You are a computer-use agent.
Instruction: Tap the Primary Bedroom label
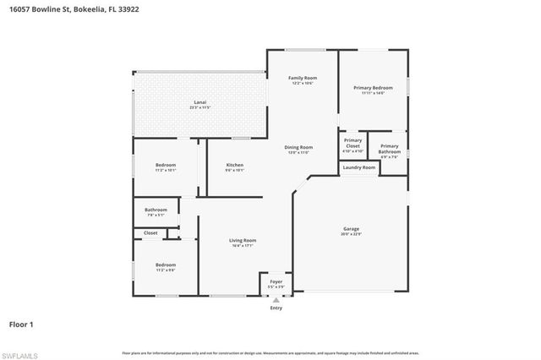(373, 88)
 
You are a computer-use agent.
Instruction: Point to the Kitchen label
(235, 165)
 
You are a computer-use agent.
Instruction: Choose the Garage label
(352, 229)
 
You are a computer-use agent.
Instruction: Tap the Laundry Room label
(358, 167)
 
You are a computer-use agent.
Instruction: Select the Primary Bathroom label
(390, 147)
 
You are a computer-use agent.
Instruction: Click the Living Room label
(243, 241)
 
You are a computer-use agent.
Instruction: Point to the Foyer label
(276, 281)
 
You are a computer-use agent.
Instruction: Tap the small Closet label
(150, 232)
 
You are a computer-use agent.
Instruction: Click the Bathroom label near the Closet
(156, 210)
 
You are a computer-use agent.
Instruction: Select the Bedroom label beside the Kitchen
(166, 165)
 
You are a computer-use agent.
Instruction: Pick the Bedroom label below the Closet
(166, 265)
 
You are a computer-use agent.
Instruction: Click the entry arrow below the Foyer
(276, 299)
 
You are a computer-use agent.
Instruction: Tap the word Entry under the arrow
(276, 308)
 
